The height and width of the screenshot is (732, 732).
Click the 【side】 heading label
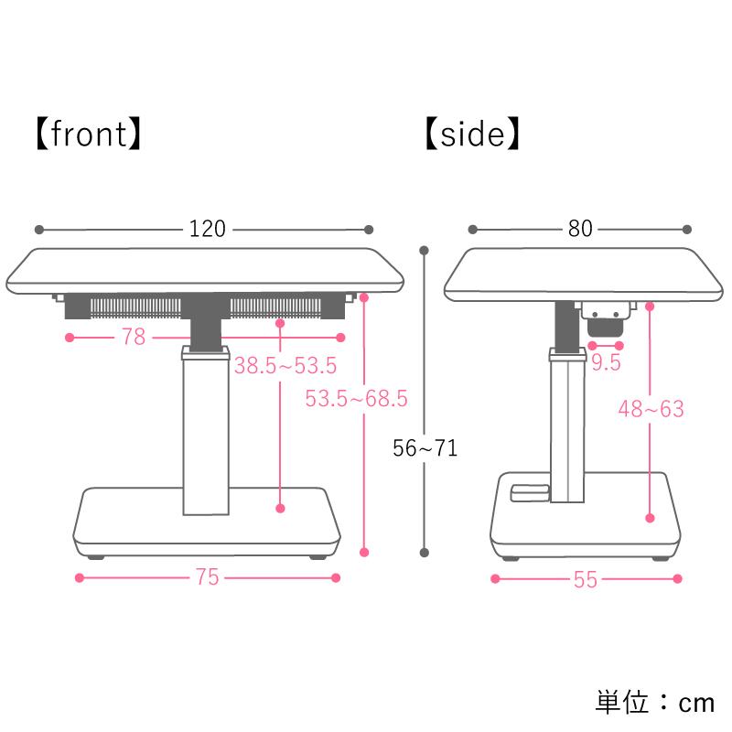coord(472,135)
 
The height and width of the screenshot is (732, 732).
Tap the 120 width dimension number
coord(207,229)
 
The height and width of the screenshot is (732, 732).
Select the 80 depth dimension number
coord(580,229)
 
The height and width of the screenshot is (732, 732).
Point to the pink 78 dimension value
coord(133,338)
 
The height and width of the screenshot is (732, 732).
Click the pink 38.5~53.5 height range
coord(285,366)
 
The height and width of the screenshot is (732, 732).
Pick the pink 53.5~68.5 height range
coord(356,399)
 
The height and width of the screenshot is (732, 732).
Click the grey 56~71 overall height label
coord(425,448)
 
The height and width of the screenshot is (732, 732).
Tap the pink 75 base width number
coord(207,578)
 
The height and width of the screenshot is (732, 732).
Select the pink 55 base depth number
coord(586,579)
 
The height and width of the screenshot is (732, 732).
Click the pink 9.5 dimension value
coord(605,363)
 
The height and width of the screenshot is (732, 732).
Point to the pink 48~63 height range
coord(651,409)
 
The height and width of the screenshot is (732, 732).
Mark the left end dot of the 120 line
coord(38,229)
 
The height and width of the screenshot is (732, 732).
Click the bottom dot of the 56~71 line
coord(425,552)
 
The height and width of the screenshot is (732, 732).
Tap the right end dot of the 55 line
coord(677,578)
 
